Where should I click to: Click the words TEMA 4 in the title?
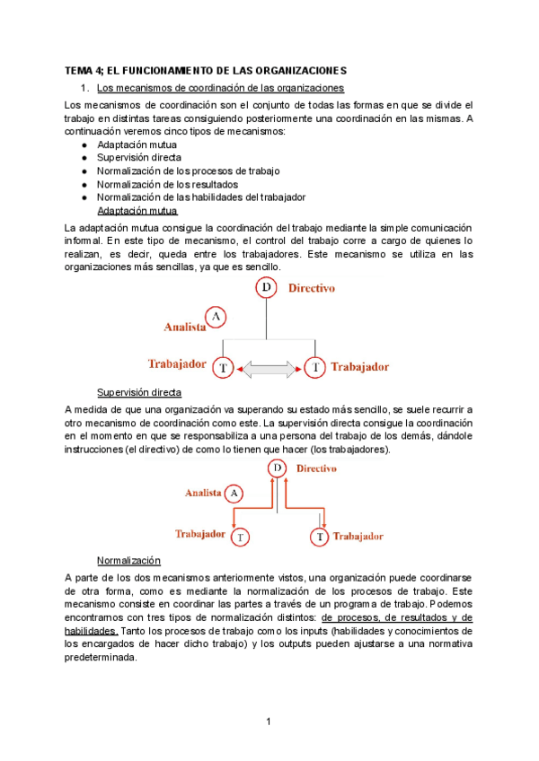coord(87,70)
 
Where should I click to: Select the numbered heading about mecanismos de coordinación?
coord(220,87)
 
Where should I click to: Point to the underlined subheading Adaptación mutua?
coord(137,211)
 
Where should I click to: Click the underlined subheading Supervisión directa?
coord(138,393)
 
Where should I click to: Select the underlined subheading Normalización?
coord(128,559)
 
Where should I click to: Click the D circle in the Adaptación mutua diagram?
coord(267,287)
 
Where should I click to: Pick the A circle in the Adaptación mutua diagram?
coord(216,317)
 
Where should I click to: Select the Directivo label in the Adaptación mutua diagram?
coord(312,288)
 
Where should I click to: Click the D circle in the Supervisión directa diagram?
coord(278,468)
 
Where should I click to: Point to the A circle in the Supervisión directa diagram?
coord(234,493)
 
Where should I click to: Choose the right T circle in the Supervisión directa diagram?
coord(319,537)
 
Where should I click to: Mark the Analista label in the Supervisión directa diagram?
coord(203,493)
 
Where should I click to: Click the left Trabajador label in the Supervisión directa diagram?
coord(199,534)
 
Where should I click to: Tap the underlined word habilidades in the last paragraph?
coord(91,631)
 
